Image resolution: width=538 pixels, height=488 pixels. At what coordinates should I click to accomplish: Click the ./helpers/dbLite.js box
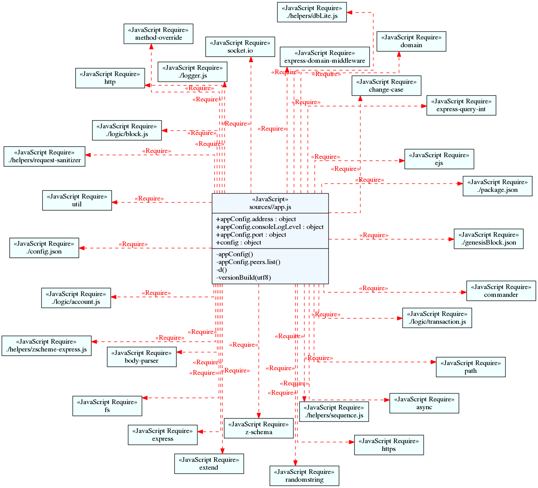point(312,12)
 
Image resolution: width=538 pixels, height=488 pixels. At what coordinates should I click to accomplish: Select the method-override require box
point(158,34)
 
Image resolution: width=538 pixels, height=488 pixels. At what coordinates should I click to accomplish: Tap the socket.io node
point(240,47)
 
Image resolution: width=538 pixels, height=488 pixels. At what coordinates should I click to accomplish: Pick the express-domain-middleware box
point(325,57)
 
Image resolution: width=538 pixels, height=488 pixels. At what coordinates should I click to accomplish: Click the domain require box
point(411,41)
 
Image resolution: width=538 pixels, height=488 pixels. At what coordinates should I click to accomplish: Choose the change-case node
point(386,86)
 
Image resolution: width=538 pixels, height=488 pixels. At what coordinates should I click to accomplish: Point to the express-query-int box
point(461,105)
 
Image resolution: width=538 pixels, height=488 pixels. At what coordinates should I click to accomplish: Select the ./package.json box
point(497,186)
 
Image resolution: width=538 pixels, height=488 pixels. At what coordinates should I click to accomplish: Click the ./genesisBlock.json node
point(488,239)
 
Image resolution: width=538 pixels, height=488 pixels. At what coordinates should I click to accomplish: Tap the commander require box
point(501,291)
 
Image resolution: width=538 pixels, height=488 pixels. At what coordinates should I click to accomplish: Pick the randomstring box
point(304,476)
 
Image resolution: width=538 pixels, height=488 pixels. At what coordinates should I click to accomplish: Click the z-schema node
point(259,428)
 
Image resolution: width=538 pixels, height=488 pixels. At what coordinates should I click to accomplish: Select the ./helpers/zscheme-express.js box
point(46,346)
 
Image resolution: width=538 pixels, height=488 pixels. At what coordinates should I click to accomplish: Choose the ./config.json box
point(44,248)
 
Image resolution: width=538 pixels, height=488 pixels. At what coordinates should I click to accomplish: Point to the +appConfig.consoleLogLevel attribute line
point(270,227)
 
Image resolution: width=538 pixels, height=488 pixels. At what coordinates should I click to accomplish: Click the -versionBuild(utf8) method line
point(243,278)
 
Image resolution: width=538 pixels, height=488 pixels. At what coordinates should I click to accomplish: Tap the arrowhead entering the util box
point(115,202)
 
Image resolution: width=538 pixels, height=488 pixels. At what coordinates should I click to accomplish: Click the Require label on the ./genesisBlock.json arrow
point(374,235)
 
